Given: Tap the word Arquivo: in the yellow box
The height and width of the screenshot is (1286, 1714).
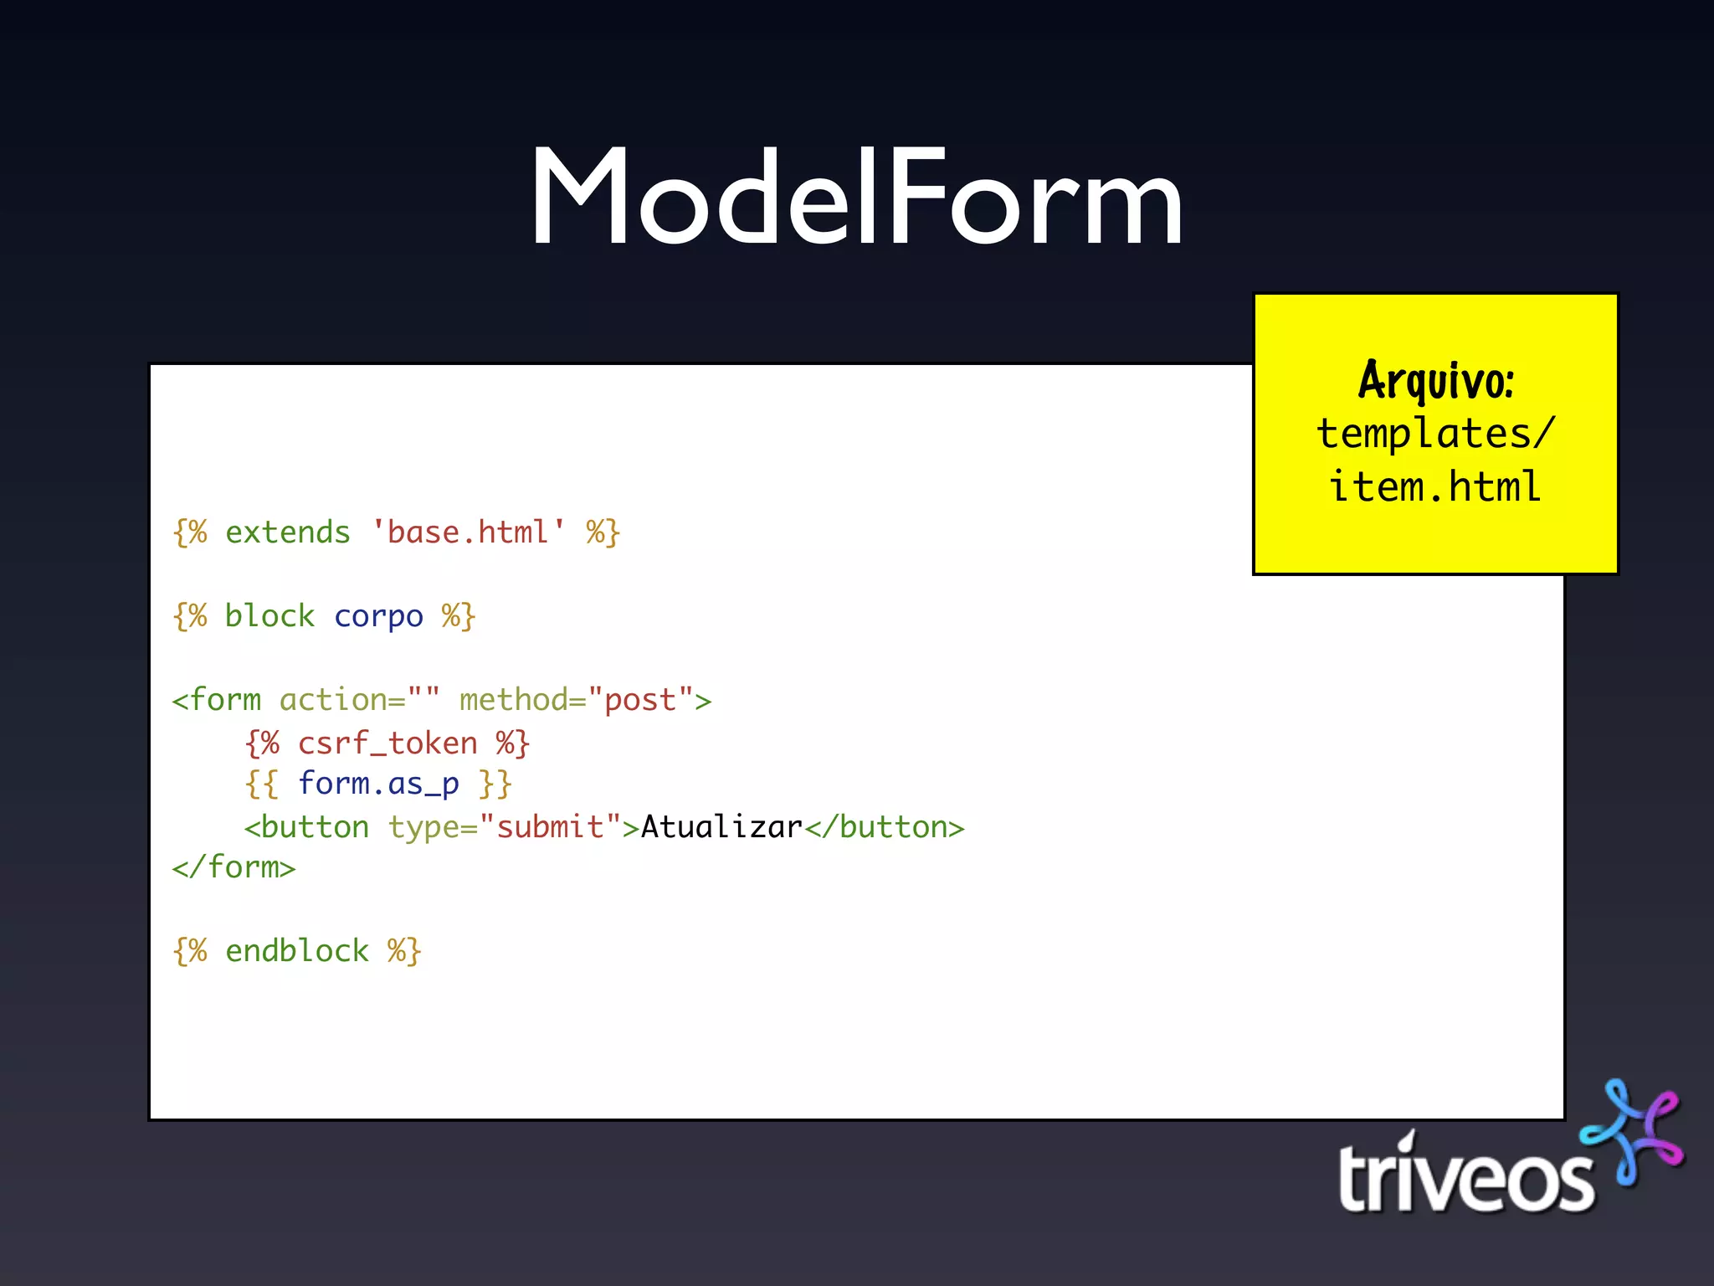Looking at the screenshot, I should pyautogui.click(x=1435, y=381).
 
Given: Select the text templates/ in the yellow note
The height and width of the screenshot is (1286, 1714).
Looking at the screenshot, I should pyautogui.click(x=1435, y=435).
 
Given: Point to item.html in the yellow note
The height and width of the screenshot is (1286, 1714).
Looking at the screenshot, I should pyautogui.click(x=1435, y=487).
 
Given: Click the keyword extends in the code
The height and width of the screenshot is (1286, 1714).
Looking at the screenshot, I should pyautogui.click(x=287, y=533).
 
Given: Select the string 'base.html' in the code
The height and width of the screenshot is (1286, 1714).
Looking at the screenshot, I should pyautogui.click(x=468, y=533).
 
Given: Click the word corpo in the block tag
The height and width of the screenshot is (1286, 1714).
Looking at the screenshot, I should pyautogui.click(x=378, y=617).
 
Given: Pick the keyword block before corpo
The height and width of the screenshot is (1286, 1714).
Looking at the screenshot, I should pyautogui.click(x=269, y=617).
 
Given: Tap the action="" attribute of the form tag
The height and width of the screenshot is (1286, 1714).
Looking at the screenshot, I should pyautogui.click(x=359, y=700).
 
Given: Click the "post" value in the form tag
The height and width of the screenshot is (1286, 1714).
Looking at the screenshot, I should pyautogui.click(x=640, y=700).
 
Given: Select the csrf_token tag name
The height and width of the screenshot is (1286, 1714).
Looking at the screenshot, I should pyautogui.click(x=387, y=743).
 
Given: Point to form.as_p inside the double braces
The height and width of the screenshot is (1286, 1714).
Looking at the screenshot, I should pyautogui.click(x=378, y=784).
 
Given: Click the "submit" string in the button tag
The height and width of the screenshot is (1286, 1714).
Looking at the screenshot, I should pyautogui.click(x=550, y=827).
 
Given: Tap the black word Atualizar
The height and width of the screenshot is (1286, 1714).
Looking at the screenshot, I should pyautogui.click(x=721, y=827).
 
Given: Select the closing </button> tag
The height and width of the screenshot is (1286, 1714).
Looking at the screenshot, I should pyautogui.click(x=884, y=827).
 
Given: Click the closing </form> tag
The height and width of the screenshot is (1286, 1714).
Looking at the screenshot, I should pyautogui.click(x=233, y=867).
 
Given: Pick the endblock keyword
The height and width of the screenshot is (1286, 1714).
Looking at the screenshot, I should pyautogui.click(x=296, y=951).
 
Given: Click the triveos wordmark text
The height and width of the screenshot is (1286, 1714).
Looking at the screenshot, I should pyautogui.click(x=1465, y=1176).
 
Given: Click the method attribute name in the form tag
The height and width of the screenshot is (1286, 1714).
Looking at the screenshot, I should pyautogui.click(x=513, y=700).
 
